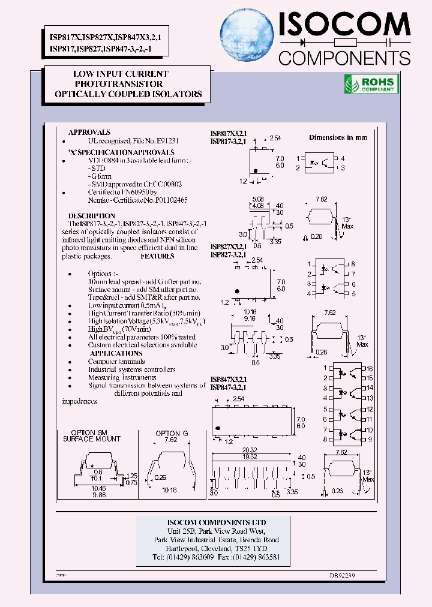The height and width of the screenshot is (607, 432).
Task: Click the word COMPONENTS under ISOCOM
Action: [x=345, y=58]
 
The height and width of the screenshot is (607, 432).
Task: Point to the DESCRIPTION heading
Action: [x=91, y=215]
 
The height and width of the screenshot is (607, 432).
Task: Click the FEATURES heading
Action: [x=157, y=256]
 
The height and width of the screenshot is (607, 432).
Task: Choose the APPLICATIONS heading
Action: [x=116, y=353]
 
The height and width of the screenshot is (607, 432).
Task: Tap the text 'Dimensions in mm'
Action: [x=337, y=137]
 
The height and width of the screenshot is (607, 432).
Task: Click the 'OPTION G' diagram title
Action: [x=172, y=433]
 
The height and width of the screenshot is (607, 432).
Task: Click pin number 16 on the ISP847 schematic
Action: [x=370, y=368]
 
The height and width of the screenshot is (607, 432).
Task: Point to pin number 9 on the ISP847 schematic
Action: [x=370, y=440]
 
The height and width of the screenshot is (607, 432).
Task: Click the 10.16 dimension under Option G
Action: [x=170, y=489]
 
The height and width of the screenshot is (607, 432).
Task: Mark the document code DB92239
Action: [x=342, y=575]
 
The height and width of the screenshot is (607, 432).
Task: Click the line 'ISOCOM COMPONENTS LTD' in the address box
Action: [x=216, y=522]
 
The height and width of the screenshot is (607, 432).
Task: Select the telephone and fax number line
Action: [x=216, y=557]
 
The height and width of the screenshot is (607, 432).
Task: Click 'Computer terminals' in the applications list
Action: [x=116, y=362]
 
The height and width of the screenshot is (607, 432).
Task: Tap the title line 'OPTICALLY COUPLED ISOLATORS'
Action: [x=128, y=95]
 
